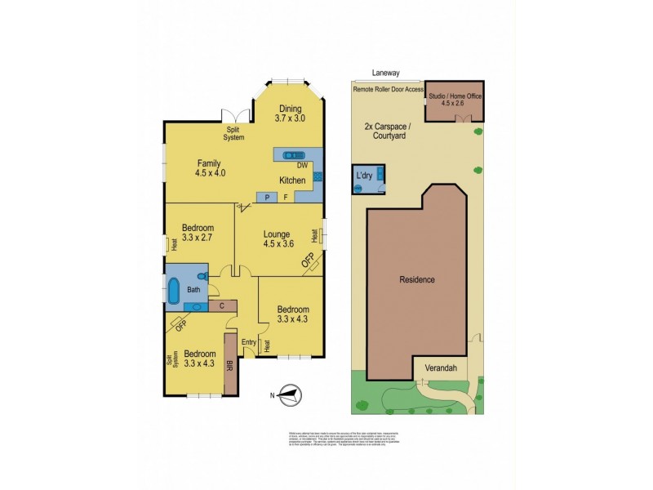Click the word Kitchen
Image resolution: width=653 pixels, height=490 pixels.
(x=293, y=180)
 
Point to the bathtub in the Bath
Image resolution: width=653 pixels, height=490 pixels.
(x=174, y=290)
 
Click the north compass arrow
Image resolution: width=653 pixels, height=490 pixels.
(x=288, y=395)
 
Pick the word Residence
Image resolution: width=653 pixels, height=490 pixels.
(x=416, y=279)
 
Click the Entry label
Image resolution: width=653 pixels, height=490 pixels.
(x=248, y=342)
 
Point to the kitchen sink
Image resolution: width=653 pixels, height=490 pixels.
(x=291, y=154)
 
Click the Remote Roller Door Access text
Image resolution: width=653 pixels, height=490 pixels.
(x=389, y=89)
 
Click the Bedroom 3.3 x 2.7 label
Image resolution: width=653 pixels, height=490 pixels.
(x=198, y=233)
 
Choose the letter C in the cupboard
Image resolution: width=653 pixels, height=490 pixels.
(x=221, y=306)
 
